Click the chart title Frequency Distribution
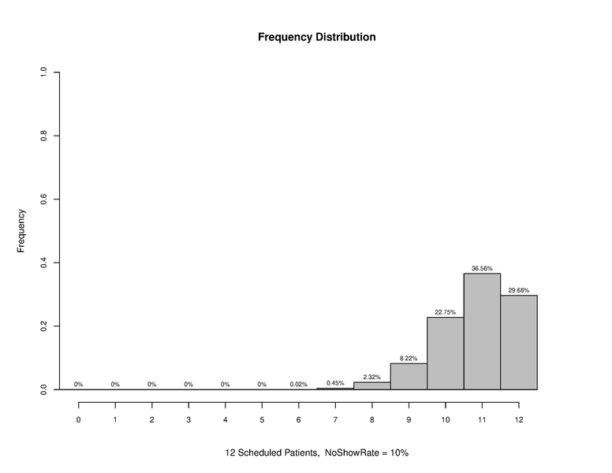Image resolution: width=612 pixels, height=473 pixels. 316,37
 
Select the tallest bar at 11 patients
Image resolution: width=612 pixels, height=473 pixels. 482,331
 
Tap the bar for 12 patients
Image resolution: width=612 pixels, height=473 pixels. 519,342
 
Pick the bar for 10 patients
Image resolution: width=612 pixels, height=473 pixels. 446,353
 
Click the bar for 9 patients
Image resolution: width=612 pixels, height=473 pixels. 409,376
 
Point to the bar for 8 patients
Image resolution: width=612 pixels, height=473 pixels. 372,385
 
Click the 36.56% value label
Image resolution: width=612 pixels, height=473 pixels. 482,269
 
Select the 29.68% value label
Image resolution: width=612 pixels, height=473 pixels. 519,290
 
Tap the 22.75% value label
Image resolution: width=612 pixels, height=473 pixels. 446,312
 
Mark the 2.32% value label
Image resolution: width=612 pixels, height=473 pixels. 372,377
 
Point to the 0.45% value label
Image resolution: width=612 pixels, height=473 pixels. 335,383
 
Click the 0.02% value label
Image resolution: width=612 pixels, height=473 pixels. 299,385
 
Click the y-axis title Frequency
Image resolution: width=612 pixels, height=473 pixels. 22,230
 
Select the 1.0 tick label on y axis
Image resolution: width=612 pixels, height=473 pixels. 44,73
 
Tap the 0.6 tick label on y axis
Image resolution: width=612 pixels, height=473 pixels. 44,199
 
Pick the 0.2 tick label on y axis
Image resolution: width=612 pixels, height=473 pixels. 44,326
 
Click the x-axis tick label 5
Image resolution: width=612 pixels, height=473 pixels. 262,420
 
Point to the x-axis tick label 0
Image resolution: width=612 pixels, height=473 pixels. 79,420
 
